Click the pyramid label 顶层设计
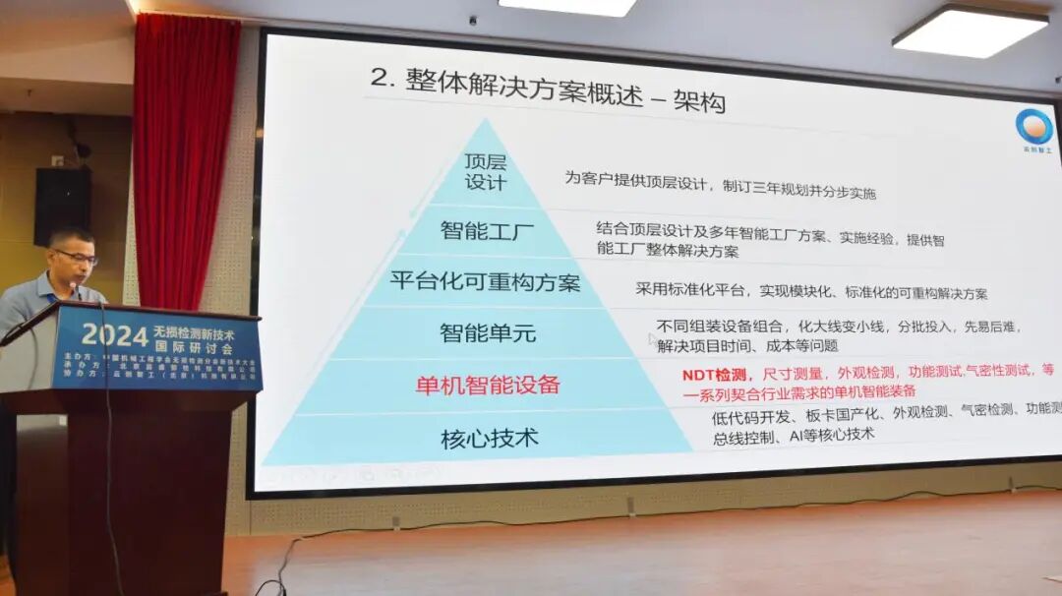pos(485,171)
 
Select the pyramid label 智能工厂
pos(488,231)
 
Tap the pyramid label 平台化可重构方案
pos(485,282)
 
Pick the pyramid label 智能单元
pos(488,332)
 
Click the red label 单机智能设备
pos(487,385)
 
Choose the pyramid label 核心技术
pos(489,439)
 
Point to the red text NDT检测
pos(715,374)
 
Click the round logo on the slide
pos(1033,127)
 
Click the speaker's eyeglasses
pos(77,257)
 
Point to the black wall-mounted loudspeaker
pos(63,206)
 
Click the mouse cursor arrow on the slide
pos(652,340)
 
